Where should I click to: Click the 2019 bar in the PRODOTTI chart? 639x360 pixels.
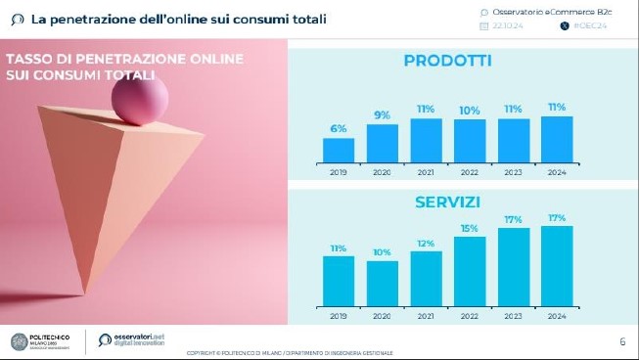(x=339, y=150)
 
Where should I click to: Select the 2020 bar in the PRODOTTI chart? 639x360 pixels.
(x=383, y=143)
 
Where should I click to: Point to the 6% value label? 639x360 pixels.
(x=339, y=129)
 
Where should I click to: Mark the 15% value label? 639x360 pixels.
(x=470, y=229)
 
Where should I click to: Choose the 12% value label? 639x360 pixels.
(x=426, y=244)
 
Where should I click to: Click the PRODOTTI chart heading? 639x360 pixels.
(x=447, y=62)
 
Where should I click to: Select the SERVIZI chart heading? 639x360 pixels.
(x=447, y=202)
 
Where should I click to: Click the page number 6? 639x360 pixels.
(x=622, y=341)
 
